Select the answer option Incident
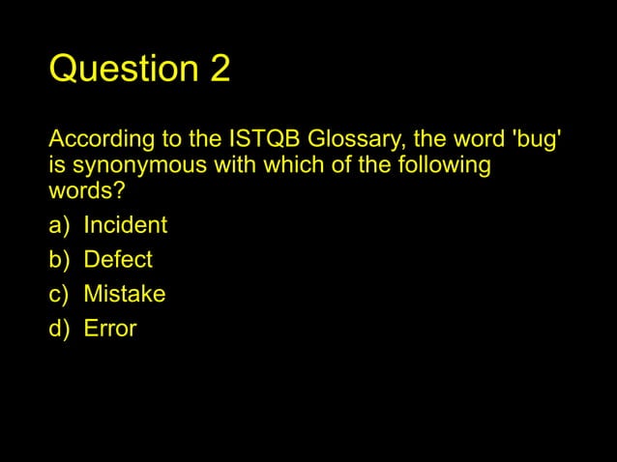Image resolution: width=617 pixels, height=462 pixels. (125, 225)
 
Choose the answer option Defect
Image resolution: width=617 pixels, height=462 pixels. (118, 259)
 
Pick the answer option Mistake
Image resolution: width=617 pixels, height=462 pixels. (124, 294)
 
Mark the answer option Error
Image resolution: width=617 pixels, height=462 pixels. (110, 329)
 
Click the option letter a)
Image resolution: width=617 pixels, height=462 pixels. (60, 225)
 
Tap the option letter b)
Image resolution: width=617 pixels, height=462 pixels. (60, 259)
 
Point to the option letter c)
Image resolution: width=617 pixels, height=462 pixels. (60, 294)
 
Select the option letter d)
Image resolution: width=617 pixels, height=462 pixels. (60, 329)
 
